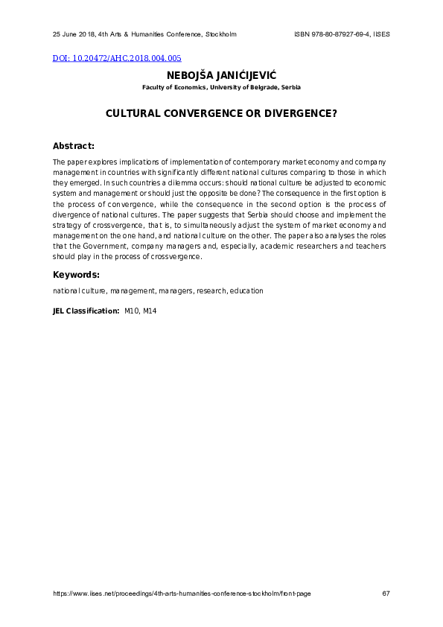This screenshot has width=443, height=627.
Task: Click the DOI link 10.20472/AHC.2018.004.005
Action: pyautogui.click(x=118, y=58)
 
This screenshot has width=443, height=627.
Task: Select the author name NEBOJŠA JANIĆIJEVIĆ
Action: pyautogui.click(x=221, y=75)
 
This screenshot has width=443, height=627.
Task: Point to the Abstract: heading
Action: pyautogui.click(x=74, y=145)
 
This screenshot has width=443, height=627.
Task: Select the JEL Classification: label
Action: pyautogui.click(x=86, y=310)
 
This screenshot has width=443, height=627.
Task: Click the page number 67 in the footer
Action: pyautogui.click(x=385, y=593)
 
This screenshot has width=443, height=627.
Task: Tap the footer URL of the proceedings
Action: pyautogui.click(x=182, y=593)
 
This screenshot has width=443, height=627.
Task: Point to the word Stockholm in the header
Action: pyautogui.click(x=220, y=35)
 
